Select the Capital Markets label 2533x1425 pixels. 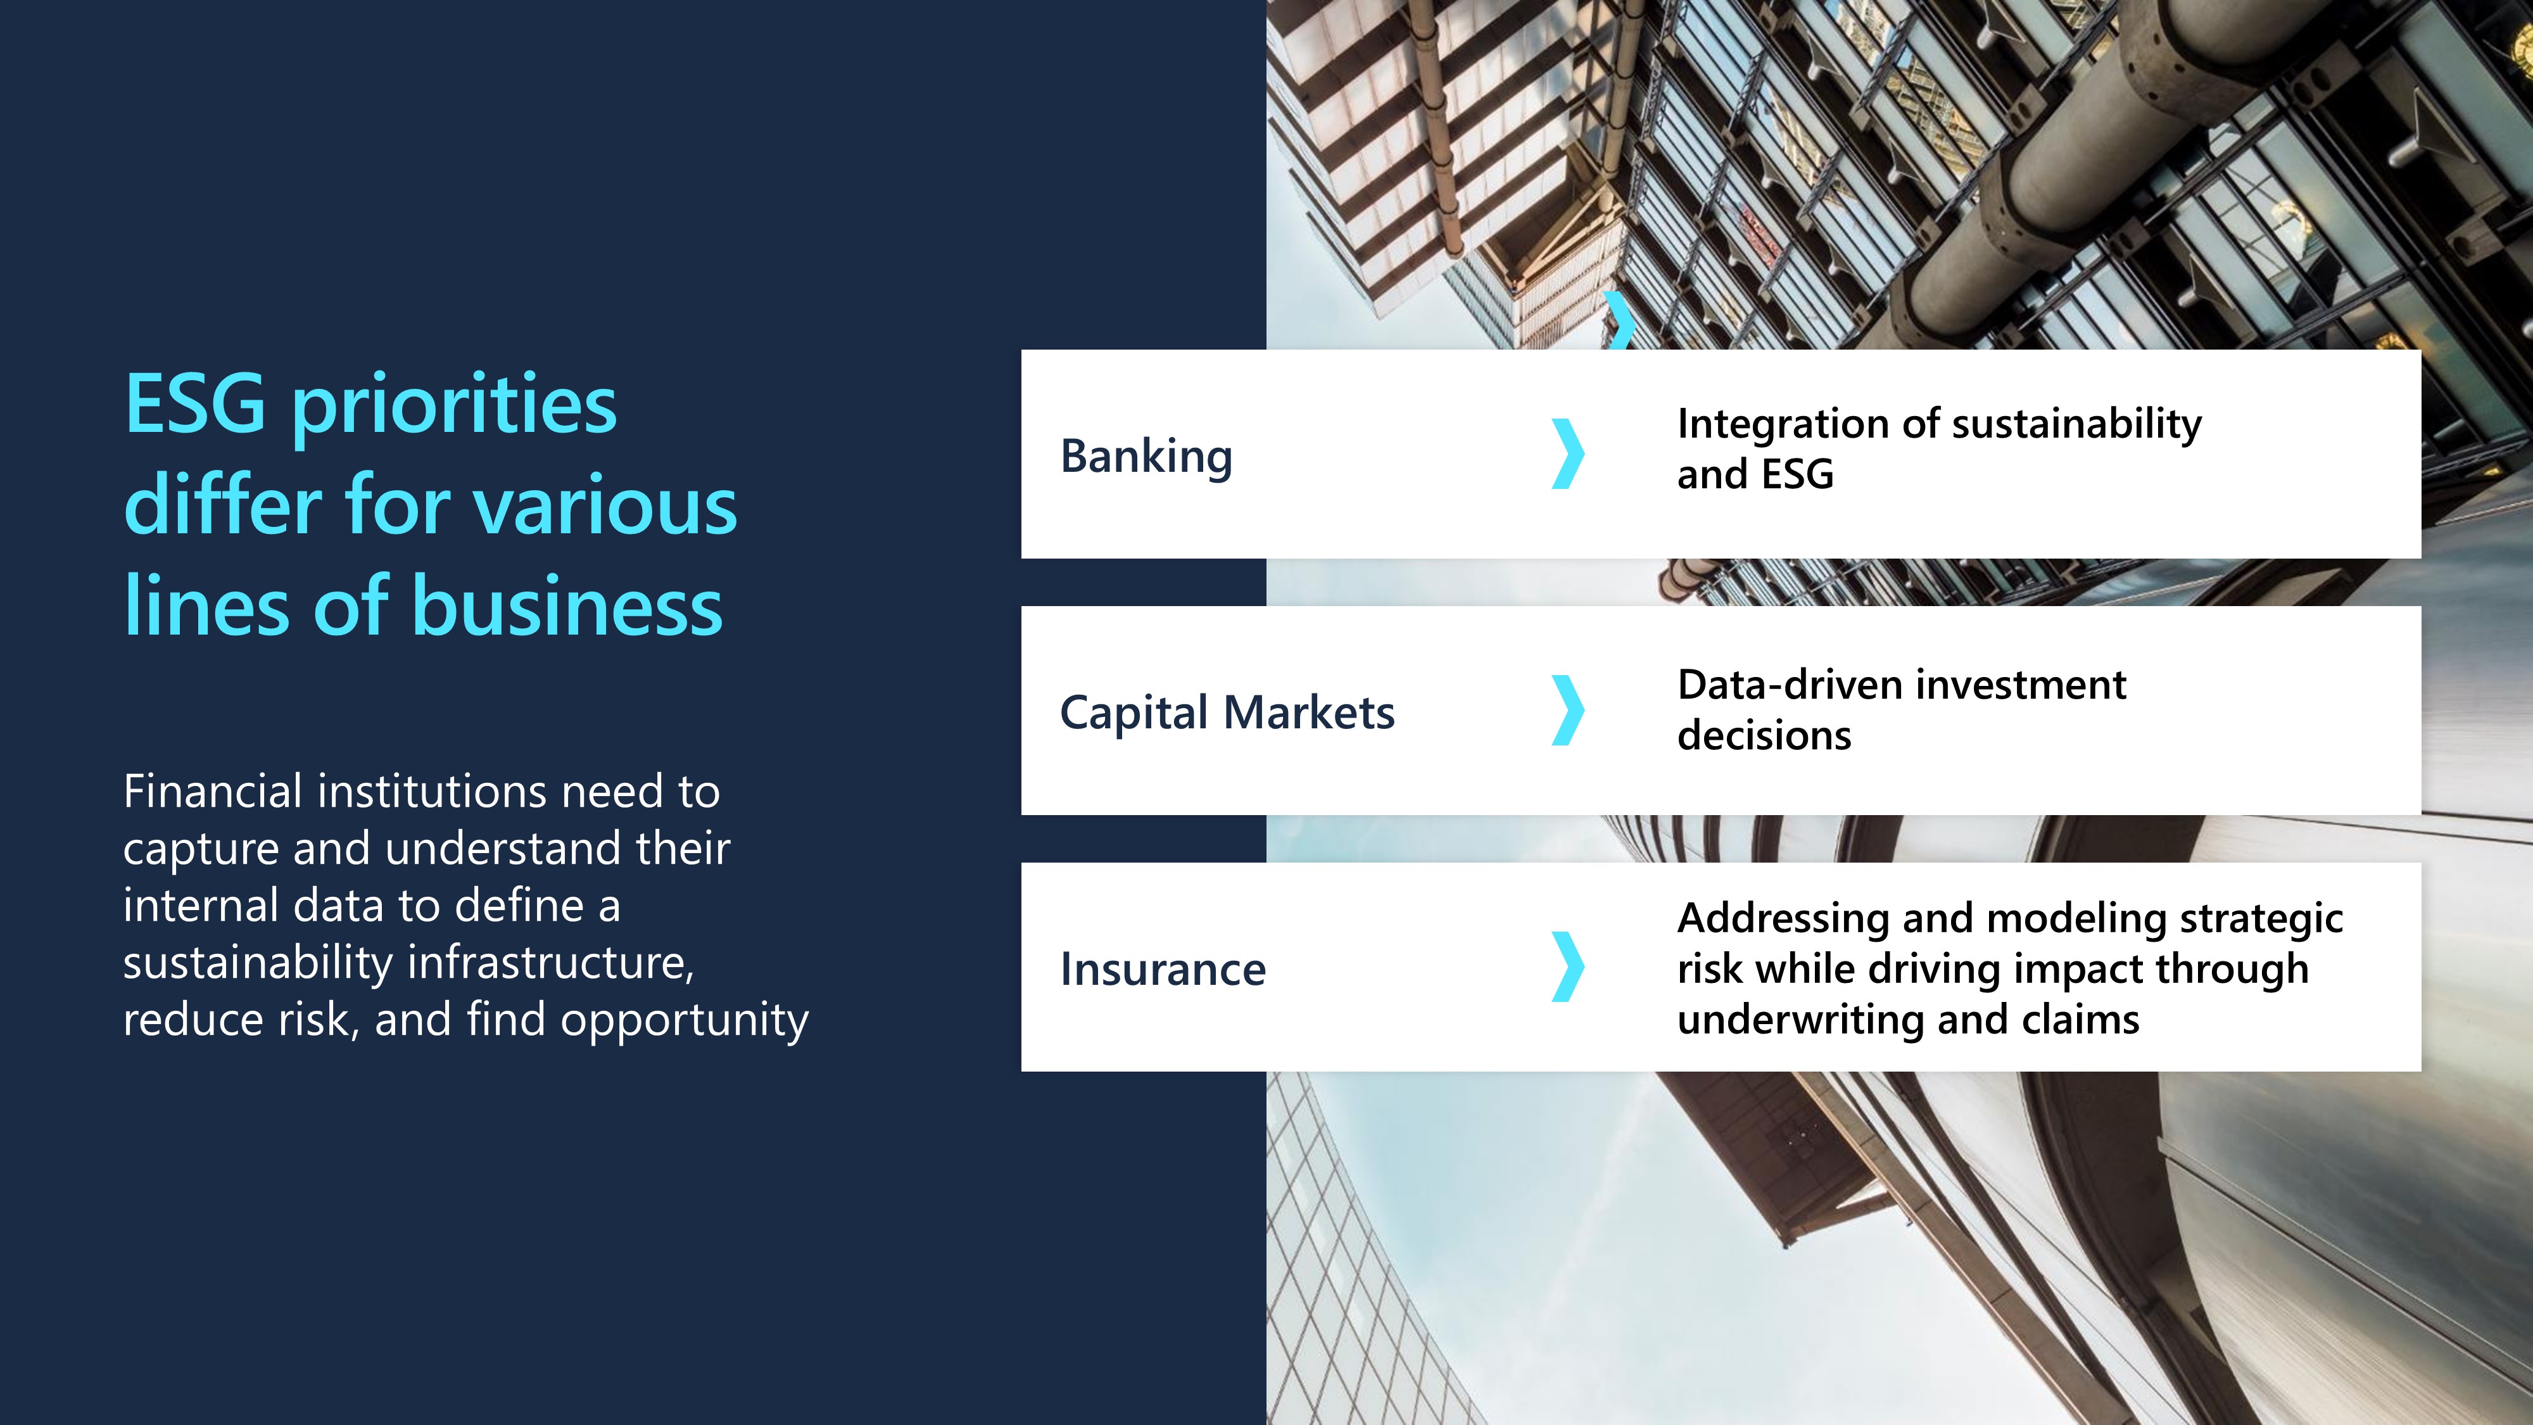pos(1227,712)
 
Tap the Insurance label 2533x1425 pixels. pos(1163,970)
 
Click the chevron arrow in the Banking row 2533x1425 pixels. pos(1569,453)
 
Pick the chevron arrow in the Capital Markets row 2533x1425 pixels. pos(1569,710)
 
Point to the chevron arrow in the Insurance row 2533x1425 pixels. pos(1569,966)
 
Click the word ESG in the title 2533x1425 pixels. pos(194,403)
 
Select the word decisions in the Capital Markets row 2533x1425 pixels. pos(1764,735)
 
